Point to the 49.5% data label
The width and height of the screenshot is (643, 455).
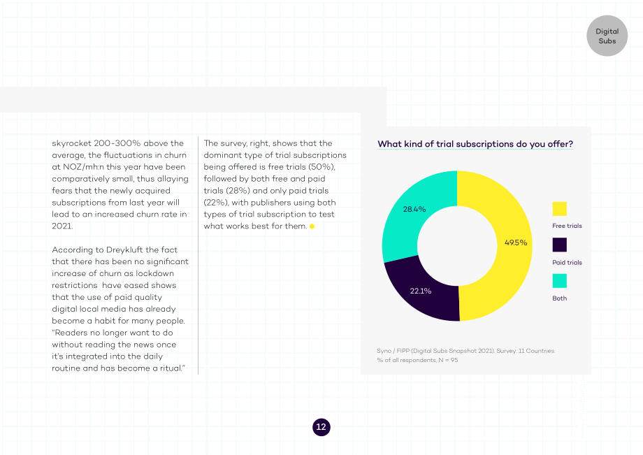tap(516, 243)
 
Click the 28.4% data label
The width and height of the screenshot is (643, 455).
tap(414, 210)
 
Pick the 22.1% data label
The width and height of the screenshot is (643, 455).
tap(420, 291)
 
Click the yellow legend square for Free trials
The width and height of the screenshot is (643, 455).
tap(559, 209)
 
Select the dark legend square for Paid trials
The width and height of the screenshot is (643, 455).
tap(559, 245)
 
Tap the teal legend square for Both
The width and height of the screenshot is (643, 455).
tap(559, 281)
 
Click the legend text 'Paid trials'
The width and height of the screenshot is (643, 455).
tap(567, 262)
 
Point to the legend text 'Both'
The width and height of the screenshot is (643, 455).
tap(559, 298)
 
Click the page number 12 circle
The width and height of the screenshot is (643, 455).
tap(321, 427)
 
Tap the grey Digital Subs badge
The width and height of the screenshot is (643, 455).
tap(607, 36)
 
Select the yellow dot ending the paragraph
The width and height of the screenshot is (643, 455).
tap(312, 226)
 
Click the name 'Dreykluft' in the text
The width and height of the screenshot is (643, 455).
tap(124, 250)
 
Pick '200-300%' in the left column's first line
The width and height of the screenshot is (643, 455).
tap(117, 143)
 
